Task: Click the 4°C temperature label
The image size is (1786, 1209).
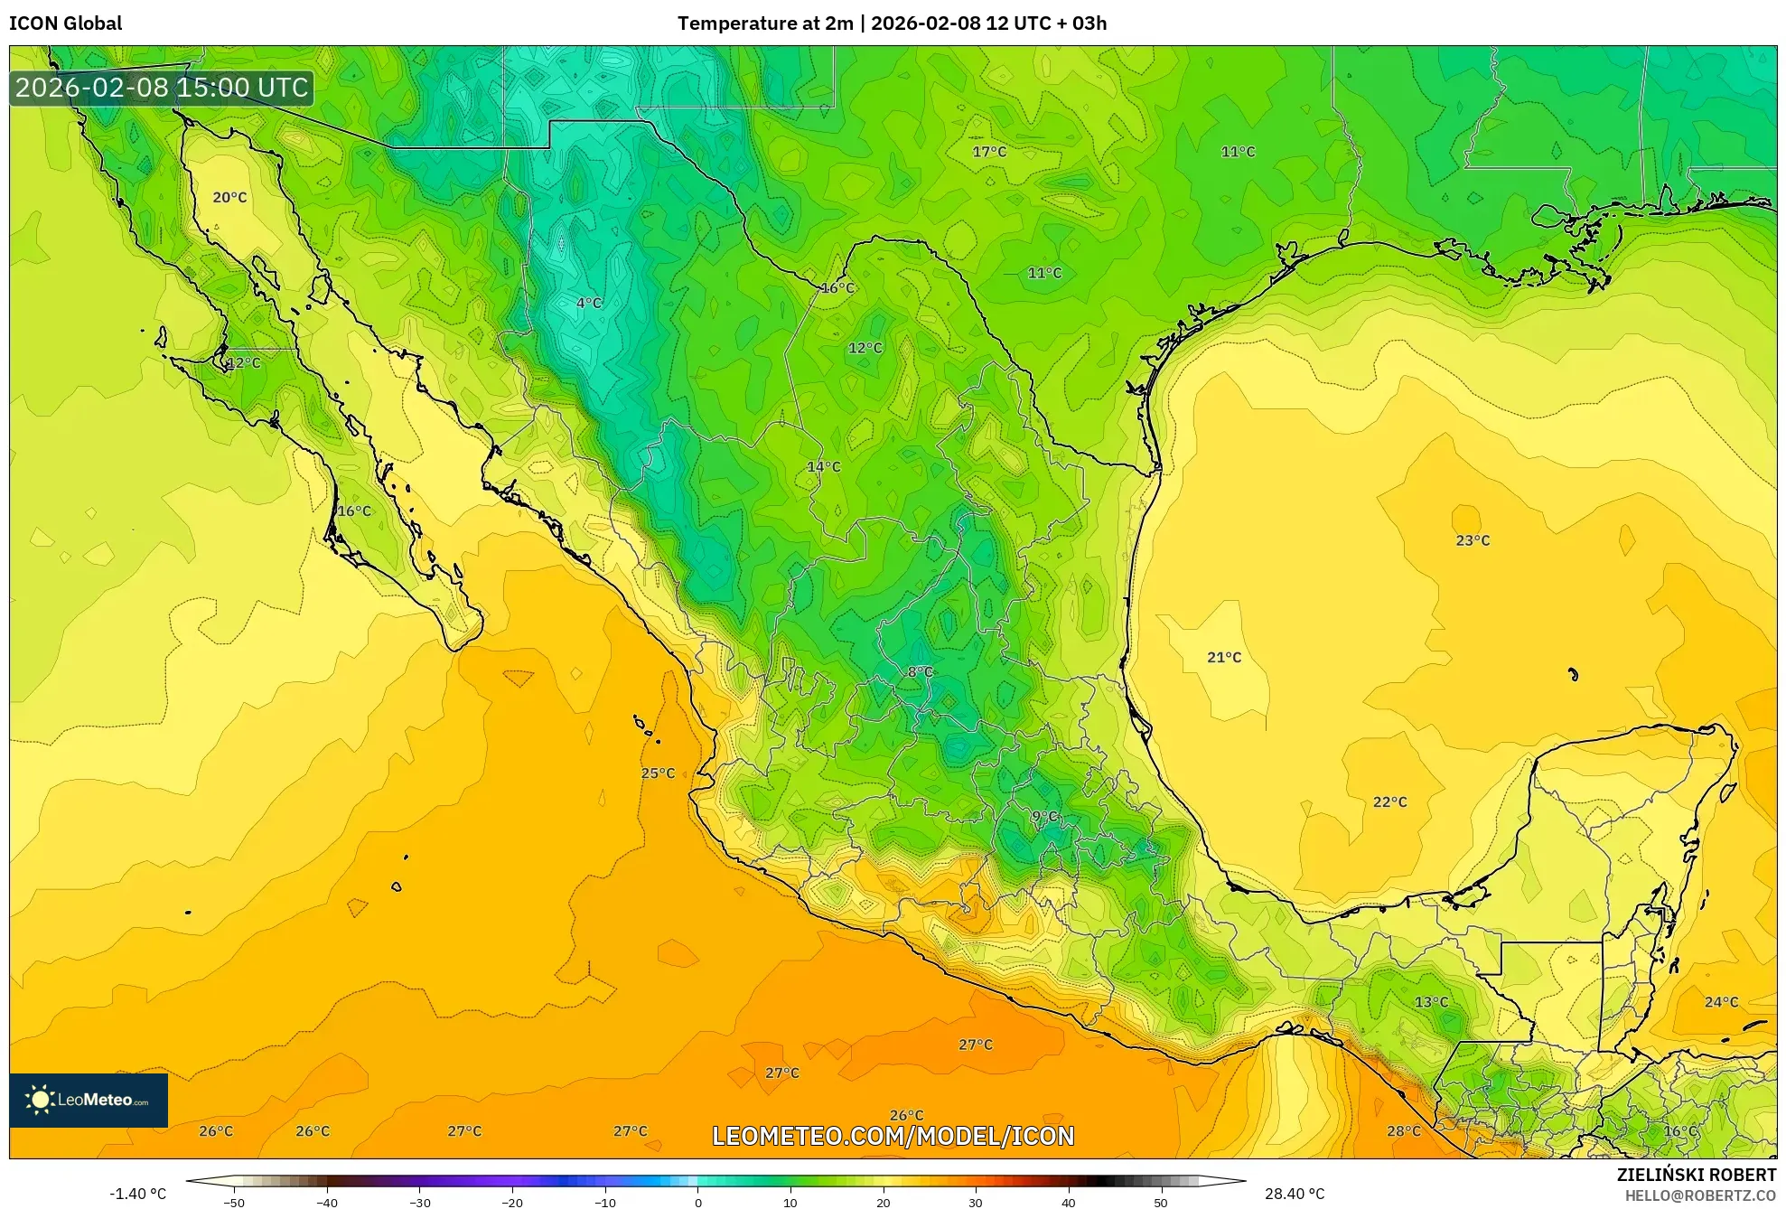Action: point(589,303)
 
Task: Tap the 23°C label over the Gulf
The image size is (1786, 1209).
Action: point(1473,540)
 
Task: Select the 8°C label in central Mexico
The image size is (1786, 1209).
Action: point(920,672)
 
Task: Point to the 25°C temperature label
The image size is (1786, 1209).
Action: point(658,773)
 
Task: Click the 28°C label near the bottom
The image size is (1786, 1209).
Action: point(1404,1131)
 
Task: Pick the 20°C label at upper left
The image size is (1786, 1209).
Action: point(229,197)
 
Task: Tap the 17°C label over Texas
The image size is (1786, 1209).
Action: point(989,152)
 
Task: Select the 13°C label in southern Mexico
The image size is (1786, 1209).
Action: point(1431,1002)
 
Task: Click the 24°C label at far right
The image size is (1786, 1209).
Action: point(1721,1002)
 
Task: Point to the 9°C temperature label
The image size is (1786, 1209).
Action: point(1044,817)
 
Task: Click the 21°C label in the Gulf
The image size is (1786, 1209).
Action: point(1224,658)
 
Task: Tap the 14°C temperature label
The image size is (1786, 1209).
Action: point(823,467)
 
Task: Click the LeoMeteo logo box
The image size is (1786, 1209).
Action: point(89,1100)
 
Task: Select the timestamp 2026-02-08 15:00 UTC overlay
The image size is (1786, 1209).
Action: point(162,88)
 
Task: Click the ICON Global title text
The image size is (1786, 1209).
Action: point(65,23)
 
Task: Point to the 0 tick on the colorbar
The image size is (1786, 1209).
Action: point(697,1203)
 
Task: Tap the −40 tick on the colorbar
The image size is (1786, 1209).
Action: point(327,1203)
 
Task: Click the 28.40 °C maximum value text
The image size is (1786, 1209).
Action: point(1294,1194)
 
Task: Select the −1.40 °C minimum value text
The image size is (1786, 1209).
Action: point(138,1194)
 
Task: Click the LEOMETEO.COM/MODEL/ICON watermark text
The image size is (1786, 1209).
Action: point(893,1136)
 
